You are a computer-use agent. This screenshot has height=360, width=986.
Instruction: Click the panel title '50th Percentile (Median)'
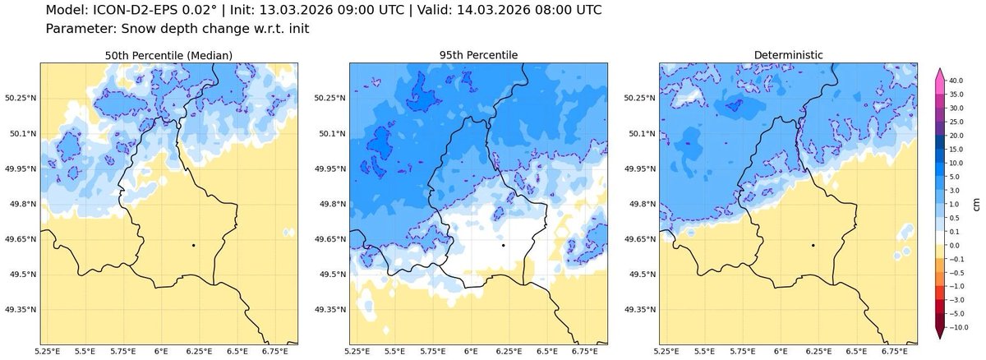point(168,55)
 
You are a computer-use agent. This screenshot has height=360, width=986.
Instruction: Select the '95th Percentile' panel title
point(478,55)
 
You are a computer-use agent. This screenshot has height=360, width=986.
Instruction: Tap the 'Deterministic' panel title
point(789,55)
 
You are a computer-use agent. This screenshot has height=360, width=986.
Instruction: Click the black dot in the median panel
point(193,245)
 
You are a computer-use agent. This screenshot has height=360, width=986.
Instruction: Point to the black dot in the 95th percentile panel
point(503,245)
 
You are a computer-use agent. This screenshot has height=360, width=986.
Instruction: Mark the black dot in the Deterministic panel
point(813,245)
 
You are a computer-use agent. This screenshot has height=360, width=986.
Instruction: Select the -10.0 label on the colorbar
point(958,327)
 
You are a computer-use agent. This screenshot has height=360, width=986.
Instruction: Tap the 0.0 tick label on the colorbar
point(956,245)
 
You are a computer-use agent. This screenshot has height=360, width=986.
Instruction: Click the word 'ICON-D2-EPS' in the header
point(136,11)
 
